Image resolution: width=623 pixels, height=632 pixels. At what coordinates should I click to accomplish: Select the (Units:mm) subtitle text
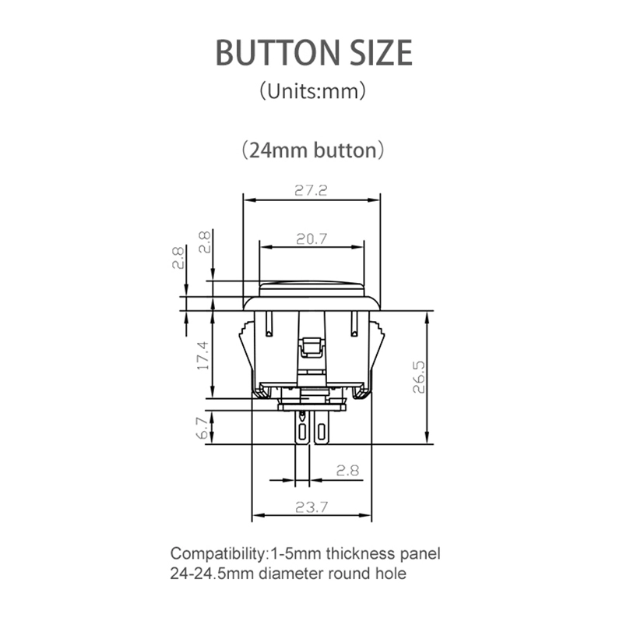(x=311, y=91)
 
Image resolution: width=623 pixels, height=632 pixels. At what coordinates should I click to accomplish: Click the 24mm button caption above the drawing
(x=311, y=150)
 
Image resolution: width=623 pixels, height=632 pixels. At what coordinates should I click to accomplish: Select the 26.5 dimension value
(x=420, y=377)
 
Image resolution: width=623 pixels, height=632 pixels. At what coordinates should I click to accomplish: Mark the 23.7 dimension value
(x=311, y=507)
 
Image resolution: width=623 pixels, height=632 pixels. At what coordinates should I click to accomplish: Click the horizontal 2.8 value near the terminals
(x=347, y=470)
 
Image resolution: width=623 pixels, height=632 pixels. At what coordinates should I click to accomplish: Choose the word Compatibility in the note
(x=217, y=555)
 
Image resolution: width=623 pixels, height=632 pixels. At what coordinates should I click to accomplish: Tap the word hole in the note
(x=390, y=574)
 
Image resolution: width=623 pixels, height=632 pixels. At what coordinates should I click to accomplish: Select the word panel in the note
(x=421, y=555)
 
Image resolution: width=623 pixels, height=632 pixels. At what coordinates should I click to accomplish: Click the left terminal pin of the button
(x=301, y=428)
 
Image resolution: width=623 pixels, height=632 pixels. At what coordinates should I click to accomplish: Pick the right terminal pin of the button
(x=322, y=428)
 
